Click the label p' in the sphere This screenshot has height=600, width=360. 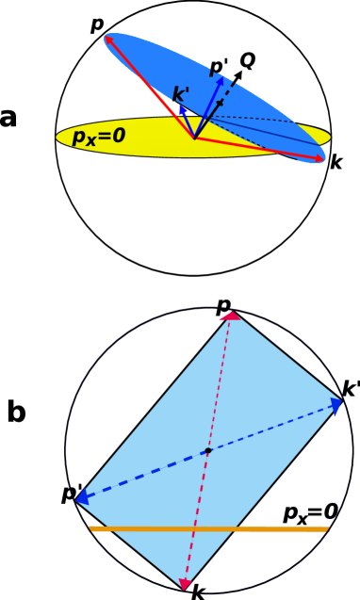point(219,68)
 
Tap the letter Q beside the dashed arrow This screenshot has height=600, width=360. point(247,61)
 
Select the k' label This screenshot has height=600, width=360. point(181,94)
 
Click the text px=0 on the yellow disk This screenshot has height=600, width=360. point(99,136)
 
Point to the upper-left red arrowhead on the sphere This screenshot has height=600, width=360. point(109,40)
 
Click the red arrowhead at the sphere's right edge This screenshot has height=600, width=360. point(320,158)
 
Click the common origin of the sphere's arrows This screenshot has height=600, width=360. point(195,138)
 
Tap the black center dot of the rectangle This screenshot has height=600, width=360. point(208,451)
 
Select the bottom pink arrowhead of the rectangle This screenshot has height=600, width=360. point(186,585)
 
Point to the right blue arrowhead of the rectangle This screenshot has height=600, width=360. point(335,406)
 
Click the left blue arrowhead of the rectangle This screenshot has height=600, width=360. point(82,496)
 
